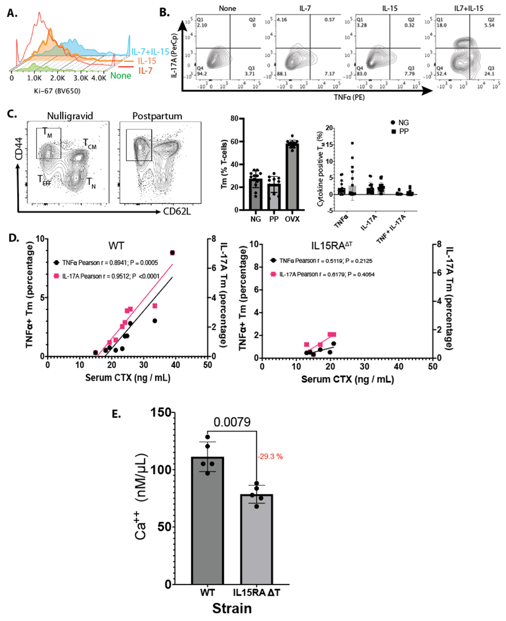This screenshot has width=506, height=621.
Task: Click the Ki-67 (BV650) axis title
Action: click(57, 91)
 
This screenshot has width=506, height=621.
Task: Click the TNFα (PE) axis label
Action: click(349, 97)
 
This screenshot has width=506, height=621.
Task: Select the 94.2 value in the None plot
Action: click(202, 74)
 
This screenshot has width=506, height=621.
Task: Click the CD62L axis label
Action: click(177, 211)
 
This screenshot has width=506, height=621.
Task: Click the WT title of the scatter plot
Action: click(116, 246)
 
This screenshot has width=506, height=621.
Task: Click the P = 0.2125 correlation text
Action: click(360, 261)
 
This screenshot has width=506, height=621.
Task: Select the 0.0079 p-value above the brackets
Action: click(232, 422)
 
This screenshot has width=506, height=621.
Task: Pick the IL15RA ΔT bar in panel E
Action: click(257, 539)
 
